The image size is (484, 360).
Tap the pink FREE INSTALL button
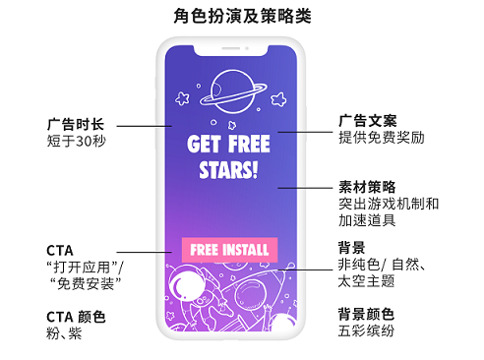tap(229, 249)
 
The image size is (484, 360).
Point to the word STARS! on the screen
tap(228, 170)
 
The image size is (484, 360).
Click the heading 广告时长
tap(75, 125)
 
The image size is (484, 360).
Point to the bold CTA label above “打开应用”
tap(60, 250)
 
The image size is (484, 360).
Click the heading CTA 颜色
tap(76, 317)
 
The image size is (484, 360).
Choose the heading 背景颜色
tap(367, 314)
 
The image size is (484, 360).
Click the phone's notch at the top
tap(228, 42)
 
